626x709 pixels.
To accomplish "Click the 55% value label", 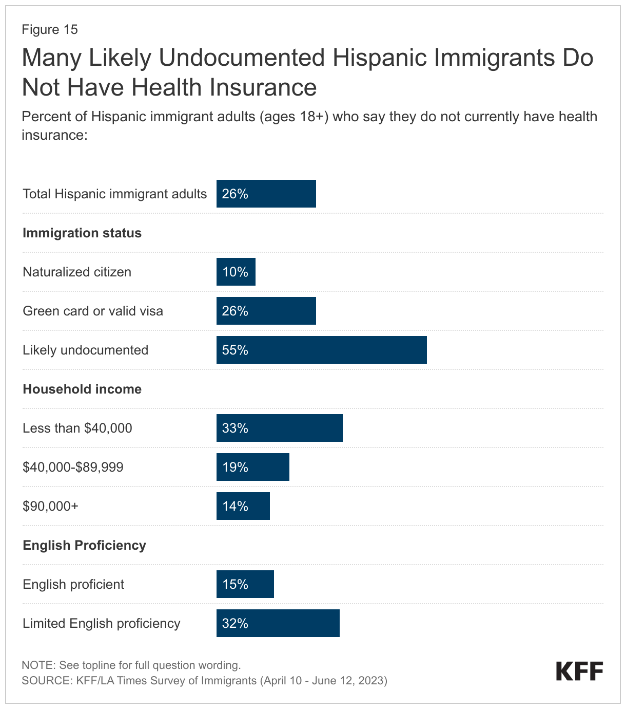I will click(x=235, y=350).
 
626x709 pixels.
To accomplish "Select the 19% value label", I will click(x=235, y=467).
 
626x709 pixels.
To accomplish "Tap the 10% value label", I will click(x=235, y=272).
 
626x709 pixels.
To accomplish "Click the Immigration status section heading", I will click(x=82, y=233).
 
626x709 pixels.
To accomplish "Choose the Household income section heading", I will click(x=82, y=389).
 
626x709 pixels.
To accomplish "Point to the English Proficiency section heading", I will click(x=84, y=545).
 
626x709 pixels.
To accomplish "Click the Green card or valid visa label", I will click(x=93, y=311).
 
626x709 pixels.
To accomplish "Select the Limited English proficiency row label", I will click(x=102, y=623).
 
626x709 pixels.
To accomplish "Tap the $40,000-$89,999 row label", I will click(x=73, y=467).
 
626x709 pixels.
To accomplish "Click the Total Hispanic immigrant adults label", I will click(x=114, y=194).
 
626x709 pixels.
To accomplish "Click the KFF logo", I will click(x=579, y=671).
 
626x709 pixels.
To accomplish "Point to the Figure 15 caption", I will click(x=50, y=29).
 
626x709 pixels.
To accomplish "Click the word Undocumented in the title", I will click(x=242, y=58).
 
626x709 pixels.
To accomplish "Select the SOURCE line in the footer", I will click(x=204, y=681).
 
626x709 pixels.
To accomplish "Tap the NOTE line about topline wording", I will click(x=131, y=665).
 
